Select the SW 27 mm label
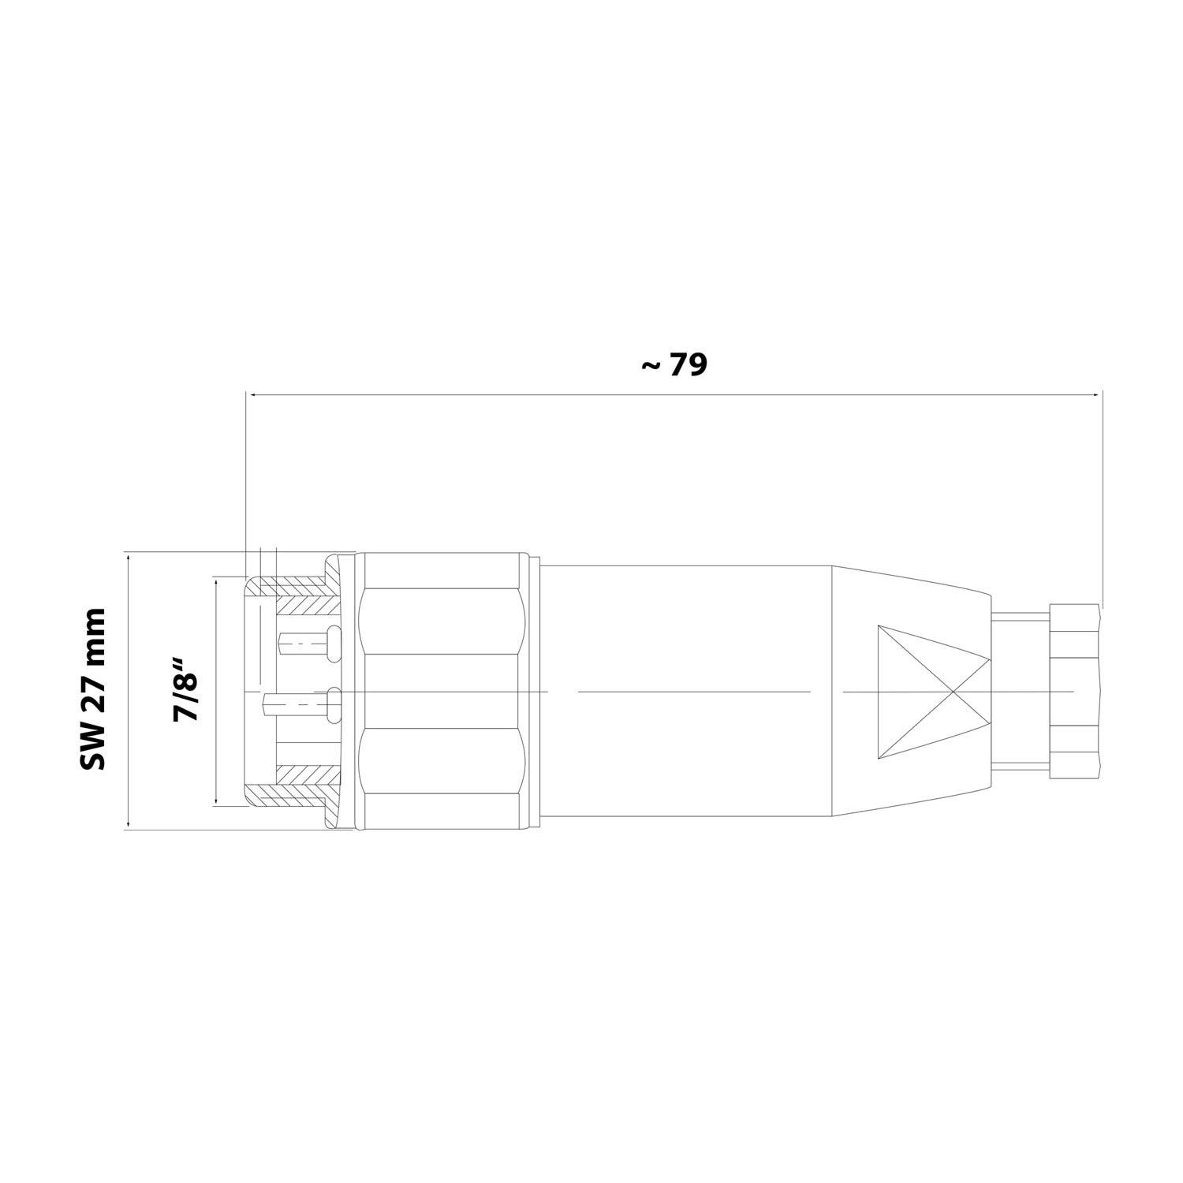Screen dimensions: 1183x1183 pyautogui.click(x=92, y=689)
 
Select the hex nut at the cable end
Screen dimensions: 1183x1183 pyautogui.click(x=1076, y=692)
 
